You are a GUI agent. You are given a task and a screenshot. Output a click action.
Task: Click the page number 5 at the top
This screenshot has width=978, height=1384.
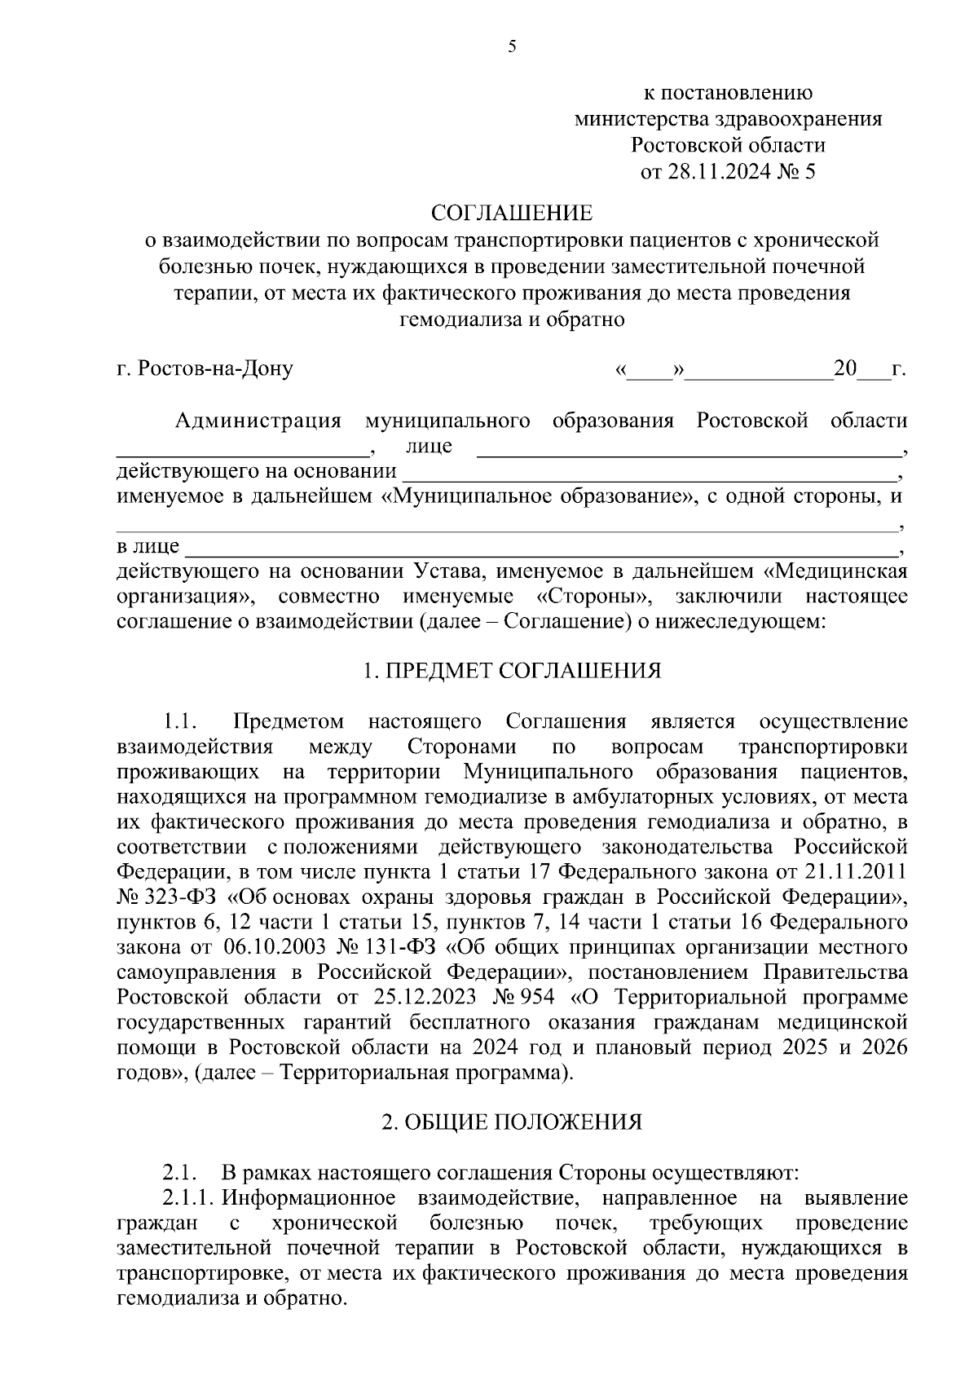(x=512, y=46)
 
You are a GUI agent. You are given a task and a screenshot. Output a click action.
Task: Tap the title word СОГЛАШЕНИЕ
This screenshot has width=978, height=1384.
(x=512, y=214)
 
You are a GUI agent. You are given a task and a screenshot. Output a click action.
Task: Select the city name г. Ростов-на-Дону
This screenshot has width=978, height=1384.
(x=205, y=368)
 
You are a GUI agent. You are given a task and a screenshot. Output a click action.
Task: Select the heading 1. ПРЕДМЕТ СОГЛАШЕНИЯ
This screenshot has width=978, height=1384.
(x=512, y=671)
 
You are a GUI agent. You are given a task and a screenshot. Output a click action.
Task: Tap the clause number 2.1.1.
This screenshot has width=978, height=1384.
(x=187, y=1198)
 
